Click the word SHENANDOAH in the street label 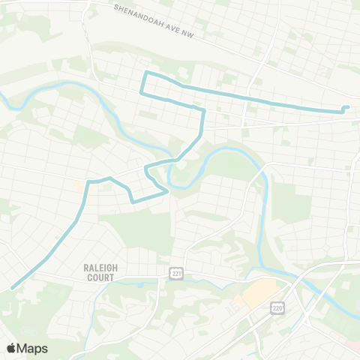(140, 13)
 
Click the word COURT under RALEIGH (100, 277)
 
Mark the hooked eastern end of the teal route (346, 107)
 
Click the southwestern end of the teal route (13, 288)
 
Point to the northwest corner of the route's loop (146, 73)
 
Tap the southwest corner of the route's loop (141, 92)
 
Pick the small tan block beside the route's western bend (79, 184)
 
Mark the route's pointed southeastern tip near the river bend (166, 192)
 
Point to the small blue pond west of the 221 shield (140, 284)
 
